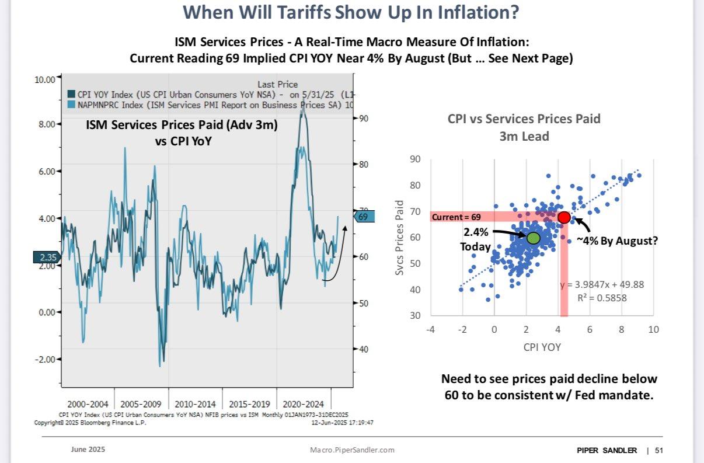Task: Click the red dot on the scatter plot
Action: point(564,217)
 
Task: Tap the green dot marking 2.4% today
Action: point(533,238)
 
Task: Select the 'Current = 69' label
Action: point(456,217)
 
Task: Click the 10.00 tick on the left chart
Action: point(45,79)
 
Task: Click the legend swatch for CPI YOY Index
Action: point(71,95)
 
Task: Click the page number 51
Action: point(659,450)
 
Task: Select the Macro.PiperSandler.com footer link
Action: point(352,450)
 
